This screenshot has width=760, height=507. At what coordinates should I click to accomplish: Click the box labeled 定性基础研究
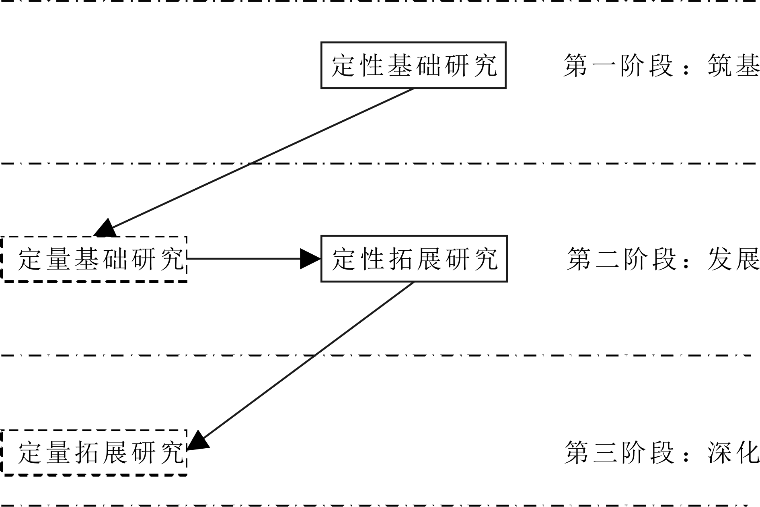pyautogui.click(x=413, y=65)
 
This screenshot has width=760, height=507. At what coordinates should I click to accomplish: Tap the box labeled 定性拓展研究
pyautogui.click(x=414, y=259)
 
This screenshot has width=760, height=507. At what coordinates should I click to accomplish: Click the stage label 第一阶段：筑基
pyautogui.click(x=661, y=66)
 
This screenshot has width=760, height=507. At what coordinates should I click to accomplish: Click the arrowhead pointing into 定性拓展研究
pyautogui.click(x=310, y=259)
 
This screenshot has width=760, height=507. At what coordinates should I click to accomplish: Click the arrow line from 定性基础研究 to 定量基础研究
pyautogui.click(x=257, y=160)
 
